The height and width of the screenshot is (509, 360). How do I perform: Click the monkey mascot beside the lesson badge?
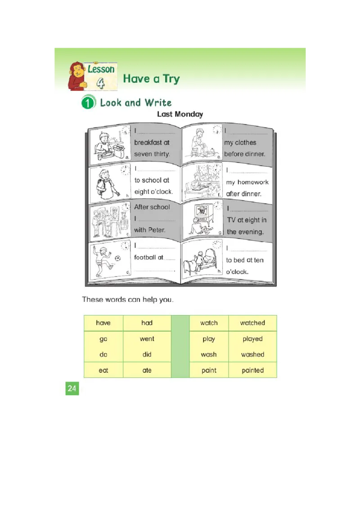[x=77, y=76]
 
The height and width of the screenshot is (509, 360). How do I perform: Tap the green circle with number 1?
[x=88, y=103]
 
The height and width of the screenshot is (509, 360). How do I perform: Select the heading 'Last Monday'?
[x=180, y=114]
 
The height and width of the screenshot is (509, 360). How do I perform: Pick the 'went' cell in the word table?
[x=147, y=339]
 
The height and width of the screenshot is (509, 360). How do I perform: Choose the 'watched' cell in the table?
[x=252, y=323]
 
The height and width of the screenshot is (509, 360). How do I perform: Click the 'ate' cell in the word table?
[x=147, y=370]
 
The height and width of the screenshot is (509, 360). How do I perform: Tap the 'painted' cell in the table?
[x=252, y=370]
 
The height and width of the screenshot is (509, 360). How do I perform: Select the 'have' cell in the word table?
[x=103, y=323]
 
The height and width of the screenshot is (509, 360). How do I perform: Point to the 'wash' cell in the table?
[x=209, y=354]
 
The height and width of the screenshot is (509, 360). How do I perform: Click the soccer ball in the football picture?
[x=118, y=259]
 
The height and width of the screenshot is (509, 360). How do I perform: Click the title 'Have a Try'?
[x=151, y=79]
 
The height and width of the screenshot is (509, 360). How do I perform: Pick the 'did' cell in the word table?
[x=147, y=354]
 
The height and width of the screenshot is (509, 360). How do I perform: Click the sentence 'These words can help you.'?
[x=127, y=299]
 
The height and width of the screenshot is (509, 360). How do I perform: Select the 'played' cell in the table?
[x=252, y=339]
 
